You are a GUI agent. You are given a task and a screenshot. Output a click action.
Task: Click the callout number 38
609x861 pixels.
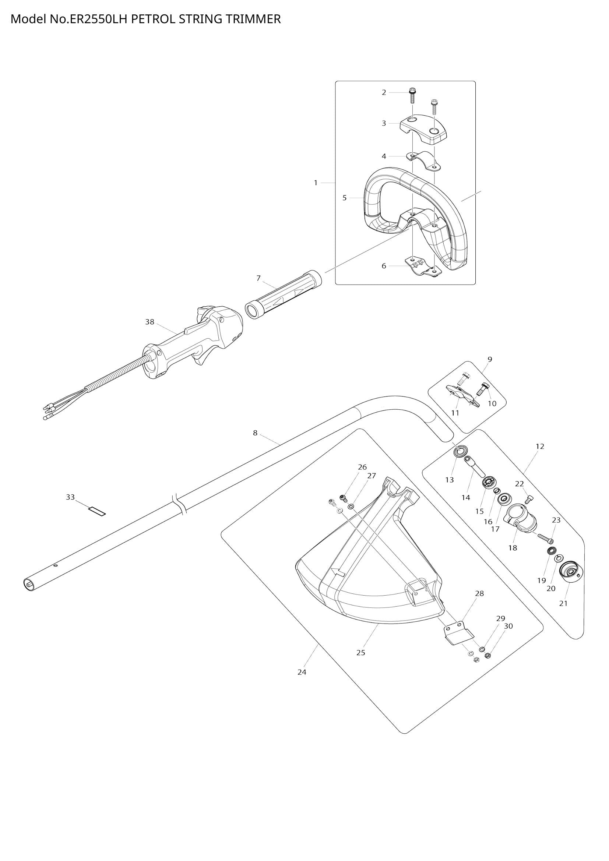pyautogui.click(x=149, y=322)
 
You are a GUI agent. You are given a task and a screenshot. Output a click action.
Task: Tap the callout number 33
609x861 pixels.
pyautogui.click(x=70, y=497)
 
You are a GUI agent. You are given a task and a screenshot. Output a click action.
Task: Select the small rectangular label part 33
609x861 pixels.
pyautogui.click(x=97, y=511)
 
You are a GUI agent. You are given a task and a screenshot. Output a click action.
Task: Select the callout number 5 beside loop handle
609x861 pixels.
pyautogui.click(x=344, y=198)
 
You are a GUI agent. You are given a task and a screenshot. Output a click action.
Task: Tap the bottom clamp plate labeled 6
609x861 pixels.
pyautogui.click(x=423, y=267)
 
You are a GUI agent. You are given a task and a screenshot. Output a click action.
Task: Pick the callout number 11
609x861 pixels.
pyautogui.click(x=455, y=413)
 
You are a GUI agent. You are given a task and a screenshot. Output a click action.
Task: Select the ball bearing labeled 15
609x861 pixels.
pyautogui.click(x=488, y=483)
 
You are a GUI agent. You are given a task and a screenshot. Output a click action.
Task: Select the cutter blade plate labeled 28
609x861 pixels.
pyautogui.click(x=458, y=634)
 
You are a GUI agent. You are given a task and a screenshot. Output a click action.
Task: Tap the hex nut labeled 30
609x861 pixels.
pyautogui.click(x=488, y=656)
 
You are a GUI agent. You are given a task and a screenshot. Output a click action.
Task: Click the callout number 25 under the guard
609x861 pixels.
pyautogui.click(x=360, y=653)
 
